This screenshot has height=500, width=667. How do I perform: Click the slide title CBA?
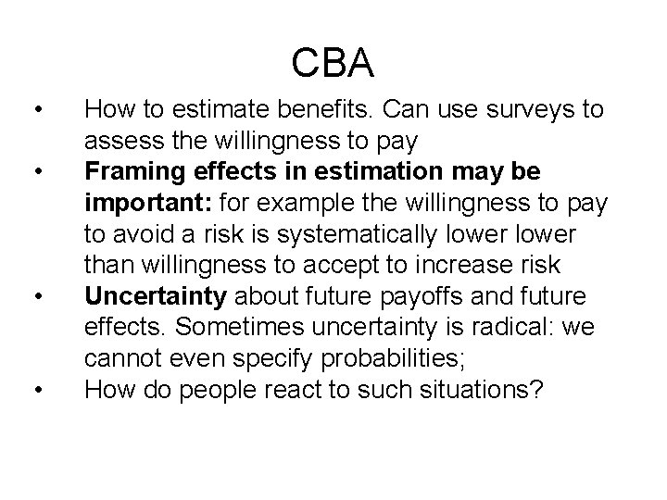click(333, 63)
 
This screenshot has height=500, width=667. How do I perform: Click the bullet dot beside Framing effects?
click(35, 173)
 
